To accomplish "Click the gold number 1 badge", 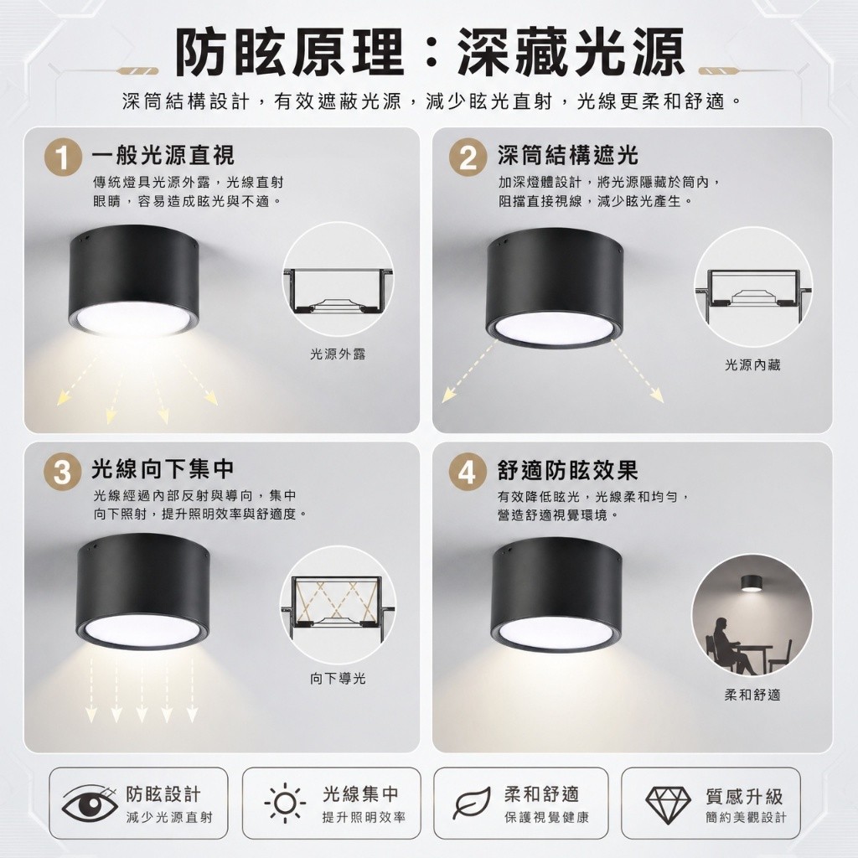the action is [x=63, y=157].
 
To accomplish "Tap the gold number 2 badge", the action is [x=468, y=157].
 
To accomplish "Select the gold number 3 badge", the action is [x=63, y=471].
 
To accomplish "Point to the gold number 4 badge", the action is [x=468, y=471].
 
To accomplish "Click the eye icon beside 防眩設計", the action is [x=89, y=804].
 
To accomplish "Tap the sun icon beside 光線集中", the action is [x=285, y=804].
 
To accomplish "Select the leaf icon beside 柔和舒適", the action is [x=472, y=804].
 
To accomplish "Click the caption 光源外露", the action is [x=338, y=354].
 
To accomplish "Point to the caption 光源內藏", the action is [x=752, y=365].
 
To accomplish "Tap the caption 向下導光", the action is [x=338, y=679].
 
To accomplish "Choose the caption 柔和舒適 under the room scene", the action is [x=752, y=695].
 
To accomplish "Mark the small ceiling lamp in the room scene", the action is [x=753, y=584].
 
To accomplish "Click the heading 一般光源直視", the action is [x=163, y=155].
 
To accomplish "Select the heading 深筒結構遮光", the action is [x=568, y=155].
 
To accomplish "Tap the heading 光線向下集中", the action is [x=163, y=469].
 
